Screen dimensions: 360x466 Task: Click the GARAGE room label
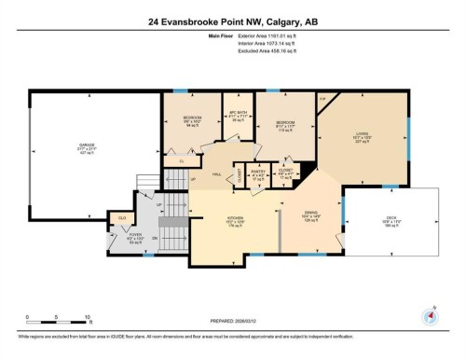87,145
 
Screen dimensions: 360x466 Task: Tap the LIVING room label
362,134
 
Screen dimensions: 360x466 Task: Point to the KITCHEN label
235,221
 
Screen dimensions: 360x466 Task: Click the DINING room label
311,214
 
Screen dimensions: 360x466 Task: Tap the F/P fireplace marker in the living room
323,98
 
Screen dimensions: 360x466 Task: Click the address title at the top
232,19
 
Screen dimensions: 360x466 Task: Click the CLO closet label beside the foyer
121,217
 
